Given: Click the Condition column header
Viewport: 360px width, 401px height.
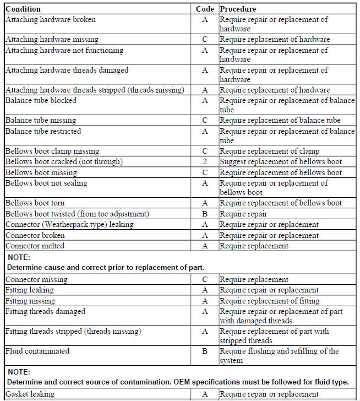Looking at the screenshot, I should click(23, 9).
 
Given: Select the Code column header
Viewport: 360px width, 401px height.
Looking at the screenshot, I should click(205, 9).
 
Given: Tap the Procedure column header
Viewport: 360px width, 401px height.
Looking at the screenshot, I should click(238, 9).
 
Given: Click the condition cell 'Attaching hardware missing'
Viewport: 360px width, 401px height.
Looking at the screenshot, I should click(52, 40).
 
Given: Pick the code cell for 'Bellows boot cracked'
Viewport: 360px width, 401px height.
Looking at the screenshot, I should click(205, 162).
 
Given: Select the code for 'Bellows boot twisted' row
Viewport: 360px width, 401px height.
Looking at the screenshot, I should click(205, 214).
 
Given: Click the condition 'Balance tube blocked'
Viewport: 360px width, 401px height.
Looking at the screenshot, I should click(41, 101).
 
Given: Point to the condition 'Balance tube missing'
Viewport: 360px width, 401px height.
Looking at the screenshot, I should click(41, 121).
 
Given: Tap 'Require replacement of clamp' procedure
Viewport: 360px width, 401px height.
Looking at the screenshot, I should click(269, 151).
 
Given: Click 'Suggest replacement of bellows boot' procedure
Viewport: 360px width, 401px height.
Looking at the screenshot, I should click(281, 162).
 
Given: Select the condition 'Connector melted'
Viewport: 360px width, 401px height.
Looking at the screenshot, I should click(35, 246).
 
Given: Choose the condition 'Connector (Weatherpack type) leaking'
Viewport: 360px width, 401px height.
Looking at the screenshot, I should click(69, 225).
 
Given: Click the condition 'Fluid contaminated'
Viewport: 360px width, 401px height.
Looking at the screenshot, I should click(37, 351).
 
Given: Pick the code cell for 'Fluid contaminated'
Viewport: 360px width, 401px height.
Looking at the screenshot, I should click(205, 351).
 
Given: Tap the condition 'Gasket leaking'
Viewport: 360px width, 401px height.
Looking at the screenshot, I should click(30, 394).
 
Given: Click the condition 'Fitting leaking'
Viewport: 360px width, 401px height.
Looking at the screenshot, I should click(30, 290).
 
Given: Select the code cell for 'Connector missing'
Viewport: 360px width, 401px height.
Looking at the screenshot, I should click(205, 279).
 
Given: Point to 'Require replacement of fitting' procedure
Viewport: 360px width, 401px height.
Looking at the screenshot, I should click(269, 301).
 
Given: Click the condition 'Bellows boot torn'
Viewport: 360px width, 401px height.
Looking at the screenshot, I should click(35, 203).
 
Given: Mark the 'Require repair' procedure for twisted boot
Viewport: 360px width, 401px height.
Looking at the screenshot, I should click(243, 214).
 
